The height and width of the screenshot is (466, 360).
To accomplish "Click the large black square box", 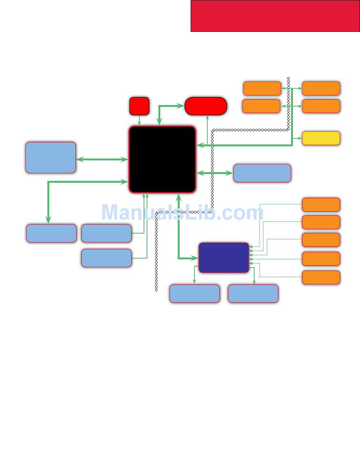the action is coord(162,159).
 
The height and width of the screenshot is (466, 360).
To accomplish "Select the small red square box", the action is coord(139,106).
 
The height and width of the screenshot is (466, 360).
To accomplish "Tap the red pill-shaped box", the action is coord(206,106).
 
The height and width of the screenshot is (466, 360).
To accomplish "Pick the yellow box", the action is coord(321,138).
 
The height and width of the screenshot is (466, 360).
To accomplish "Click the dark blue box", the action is coord(224,257).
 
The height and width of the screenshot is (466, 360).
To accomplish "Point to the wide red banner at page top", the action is coord(275,16).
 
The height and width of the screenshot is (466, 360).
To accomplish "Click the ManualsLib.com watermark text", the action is coord(182,212).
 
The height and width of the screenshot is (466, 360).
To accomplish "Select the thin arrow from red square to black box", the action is coord(139,120).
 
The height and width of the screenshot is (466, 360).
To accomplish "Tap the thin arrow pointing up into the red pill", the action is coord(207,129).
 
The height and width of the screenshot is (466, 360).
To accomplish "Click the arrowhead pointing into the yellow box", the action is coord(299,138).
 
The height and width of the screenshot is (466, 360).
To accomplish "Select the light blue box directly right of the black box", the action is coord(262,173).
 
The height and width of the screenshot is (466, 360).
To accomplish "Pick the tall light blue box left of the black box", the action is coord(50,157).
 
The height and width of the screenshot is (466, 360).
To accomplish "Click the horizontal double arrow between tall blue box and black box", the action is coord(102,160).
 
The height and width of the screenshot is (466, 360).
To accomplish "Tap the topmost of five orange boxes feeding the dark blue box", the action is coord(321,204).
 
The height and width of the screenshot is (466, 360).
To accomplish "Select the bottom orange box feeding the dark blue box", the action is coord(321,277).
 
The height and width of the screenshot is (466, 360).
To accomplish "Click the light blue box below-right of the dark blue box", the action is coord(253,293).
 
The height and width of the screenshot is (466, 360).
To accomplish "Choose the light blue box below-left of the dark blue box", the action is coord(194,293).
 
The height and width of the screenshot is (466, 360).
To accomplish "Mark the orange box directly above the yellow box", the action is coord(321,106).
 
